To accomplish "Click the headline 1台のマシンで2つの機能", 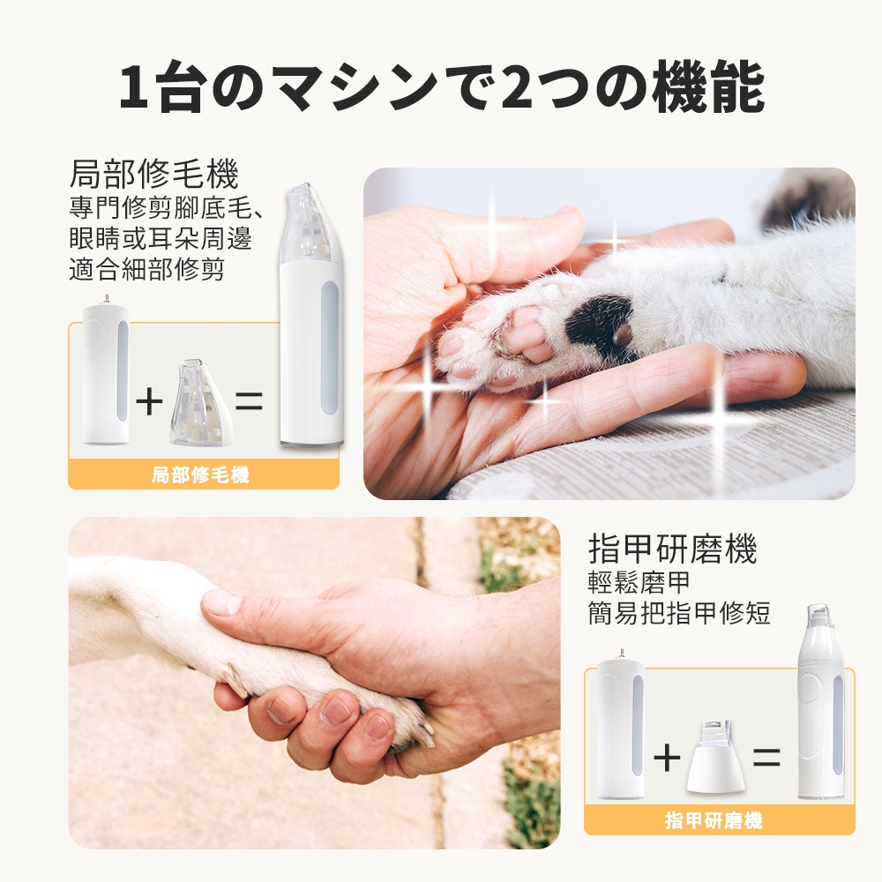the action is click(x=442, y=87).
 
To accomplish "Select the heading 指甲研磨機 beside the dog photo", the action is click(x=673, y=549).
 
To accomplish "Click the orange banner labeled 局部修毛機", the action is click(x=203, y=475).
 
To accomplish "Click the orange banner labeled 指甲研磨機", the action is click(x=719, y=820).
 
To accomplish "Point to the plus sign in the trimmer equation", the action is click(x=149, y=401).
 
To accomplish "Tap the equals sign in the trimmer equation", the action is click(x=249, y=401).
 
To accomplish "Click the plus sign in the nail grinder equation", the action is click(x=667, y=758).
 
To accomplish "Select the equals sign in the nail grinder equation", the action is click(x=766, y=758).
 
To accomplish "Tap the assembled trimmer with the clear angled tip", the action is click(x=311, y=315).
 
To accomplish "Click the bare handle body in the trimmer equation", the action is click(x=107, y=370).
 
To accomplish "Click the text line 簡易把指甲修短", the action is click(x=679, y=612).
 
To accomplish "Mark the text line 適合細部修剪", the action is click(x=146, y=268).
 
